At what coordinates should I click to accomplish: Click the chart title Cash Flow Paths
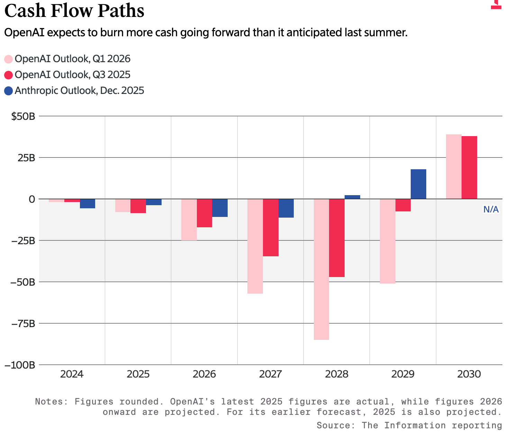(74, 11)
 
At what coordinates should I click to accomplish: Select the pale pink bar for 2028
(321, 269)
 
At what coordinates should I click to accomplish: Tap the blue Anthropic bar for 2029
(418, 184)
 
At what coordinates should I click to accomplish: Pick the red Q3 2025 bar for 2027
(271, 228)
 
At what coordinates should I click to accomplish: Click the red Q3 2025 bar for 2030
(469, 168)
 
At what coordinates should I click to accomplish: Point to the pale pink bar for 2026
(189, 220)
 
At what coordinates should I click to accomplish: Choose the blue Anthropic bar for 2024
(88, 203)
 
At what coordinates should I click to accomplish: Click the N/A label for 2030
(491, 209)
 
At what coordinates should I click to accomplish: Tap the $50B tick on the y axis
(23, 116)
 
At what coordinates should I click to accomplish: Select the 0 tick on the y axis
(32, 199)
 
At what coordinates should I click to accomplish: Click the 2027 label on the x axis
(270, 374)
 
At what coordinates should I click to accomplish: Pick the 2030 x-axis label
(469, 374)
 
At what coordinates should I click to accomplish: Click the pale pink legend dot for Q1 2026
(9, 59)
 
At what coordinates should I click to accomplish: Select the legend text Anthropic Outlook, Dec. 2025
(79, 91)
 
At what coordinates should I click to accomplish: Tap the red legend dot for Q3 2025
(9, 75)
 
